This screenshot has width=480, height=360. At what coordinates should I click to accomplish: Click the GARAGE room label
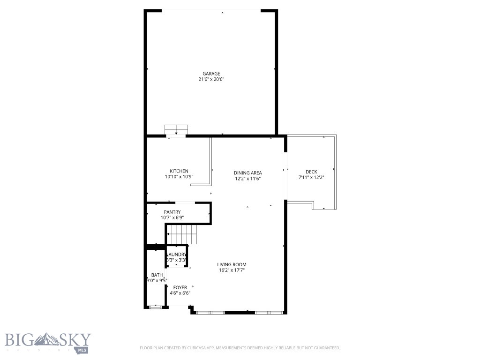tap(211, 74)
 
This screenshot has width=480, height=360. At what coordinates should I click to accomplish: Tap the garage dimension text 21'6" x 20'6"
tap(211, 80)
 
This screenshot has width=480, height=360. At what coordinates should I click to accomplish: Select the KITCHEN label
tap(179, 171)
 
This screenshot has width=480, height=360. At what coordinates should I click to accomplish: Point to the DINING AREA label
tap(247, 173)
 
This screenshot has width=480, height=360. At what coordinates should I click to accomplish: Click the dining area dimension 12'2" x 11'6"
tap(247, 179)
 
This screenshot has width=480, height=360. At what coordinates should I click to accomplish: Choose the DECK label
tap(311, 172)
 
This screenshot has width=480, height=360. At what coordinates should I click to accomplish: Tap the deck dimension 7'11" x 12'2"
tap(311, 178)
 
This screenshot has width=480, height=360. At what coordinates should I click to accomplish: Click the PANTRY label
tap(172, 212)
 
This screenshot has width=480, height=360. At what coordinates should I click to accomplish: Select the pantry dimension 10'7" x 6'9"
tap(172, 217)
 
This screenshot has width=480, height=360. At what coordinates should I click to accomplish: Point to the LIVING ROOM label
tap(232, 264)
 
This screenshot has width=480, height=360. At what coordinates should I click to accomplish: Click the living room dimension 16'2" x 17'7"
tap(232, 270)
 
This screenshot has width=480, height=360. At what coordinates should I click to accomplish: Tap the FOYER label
tap(180, 287)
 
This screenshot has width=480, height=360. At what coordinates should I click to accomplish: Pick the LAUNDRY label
tap(177, 255)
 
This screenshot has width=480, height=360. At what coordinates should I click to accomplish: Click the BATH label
tap(157, 275)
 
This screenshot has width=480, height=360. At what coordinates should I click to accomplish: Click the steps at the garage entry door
tap(176, 129)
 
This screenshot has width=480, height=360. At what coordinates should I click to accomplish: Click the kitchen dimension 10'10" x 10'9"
tap(179, 177)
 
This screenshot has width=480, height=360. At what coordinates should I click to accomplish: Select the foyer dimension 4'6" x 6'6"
tap(180, 293)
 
